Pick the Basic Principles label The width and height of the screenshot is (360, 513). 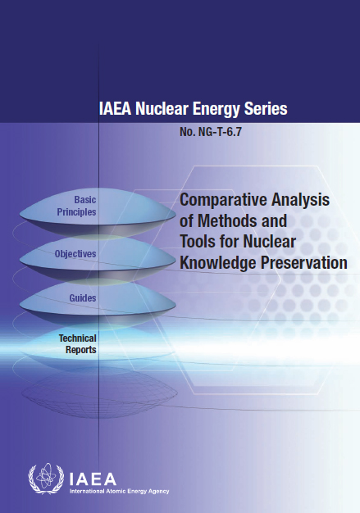coord(76,206)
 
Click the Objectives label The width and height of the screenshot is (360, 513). coord(75,254)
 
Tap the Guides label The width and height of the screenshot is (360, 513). coord(83,298)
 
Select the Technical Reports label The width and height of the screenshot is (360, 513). coord(78,344)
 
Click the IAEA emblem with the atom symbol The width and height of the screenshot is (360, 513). coord(46,478)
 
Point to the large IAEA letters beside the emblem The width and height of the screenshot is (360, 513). coord(93,479)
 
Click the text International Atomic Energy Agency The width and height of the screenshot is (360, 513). coord(120,491)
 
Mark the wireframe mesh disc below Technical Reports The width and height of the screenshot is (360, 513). coord(99,393)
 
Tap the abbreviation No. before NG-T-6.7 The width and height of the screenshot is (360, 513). coord(187,132)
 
